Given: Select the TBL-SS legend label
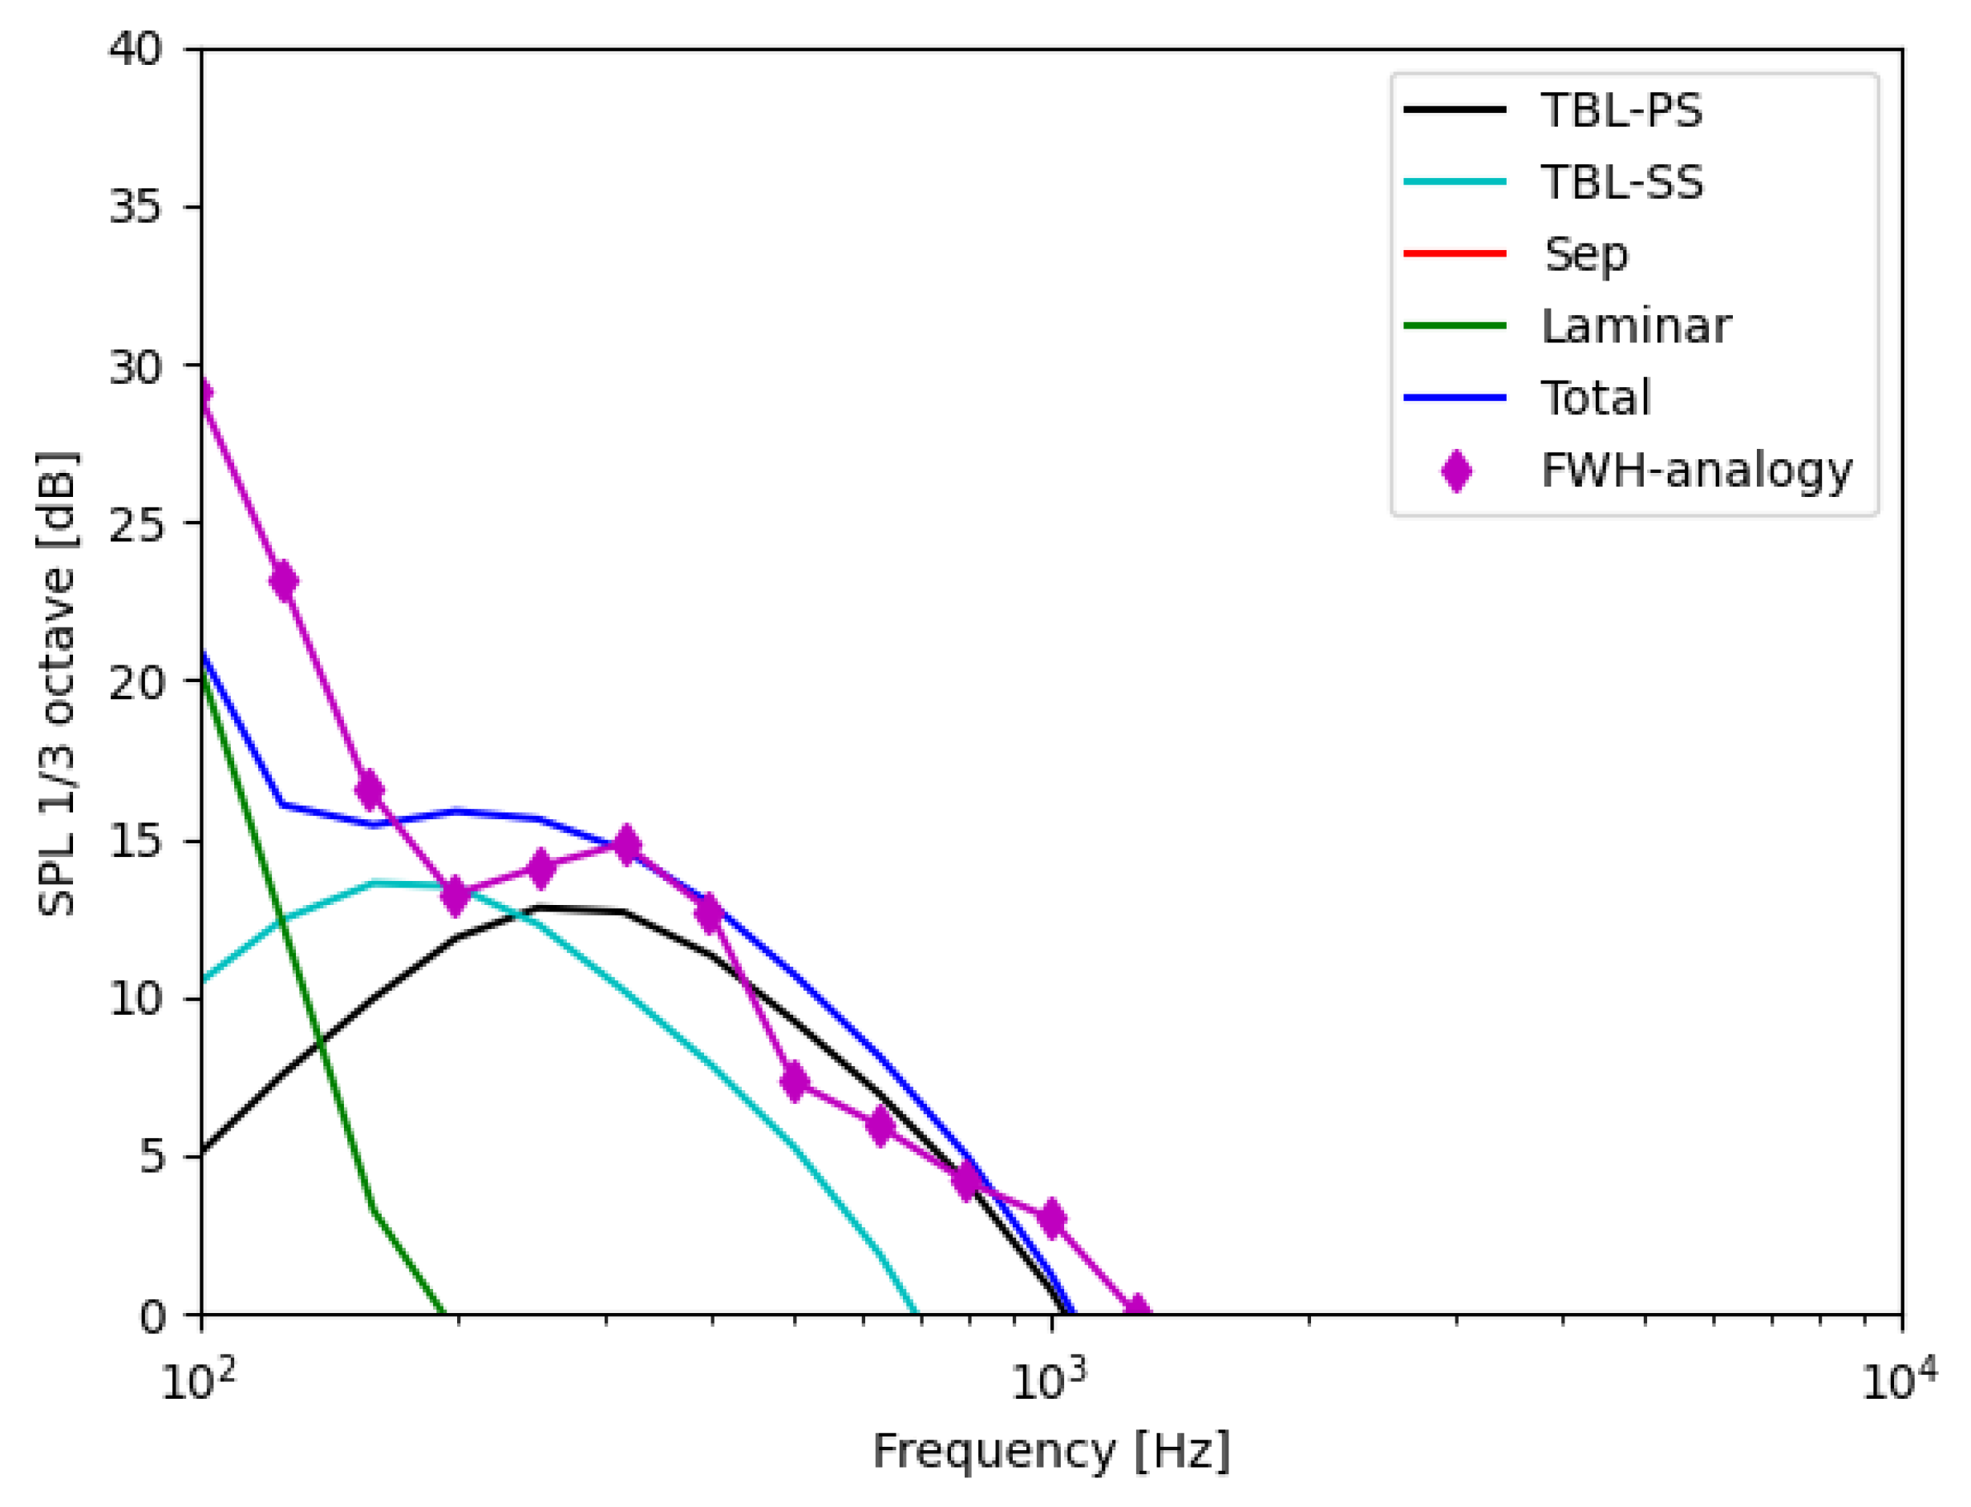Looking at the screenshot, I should click(x=1621, y=182).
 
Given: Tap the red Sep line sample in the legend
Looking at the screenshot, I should click(x=1455, y=254).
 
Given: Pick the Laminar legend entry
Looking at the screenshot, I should click(x=1634, y=325).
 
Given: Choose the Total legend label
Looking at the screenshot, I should click(x=1594, y=398).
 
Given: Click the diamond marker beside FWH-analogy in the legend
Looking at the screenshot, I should click(x=1455, y=471).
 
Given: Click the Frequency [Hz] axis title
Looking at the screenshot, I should click(x=1050, y=1451).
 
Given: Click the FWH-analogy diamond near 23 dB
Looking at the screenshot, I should click(x=284, y=581).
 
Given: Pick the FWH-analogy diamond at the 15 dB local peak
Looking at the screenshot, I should click(x=627, y=844).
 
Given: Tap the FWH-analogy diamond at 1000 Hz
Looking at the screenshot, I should click(x=1051, y=1218).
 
